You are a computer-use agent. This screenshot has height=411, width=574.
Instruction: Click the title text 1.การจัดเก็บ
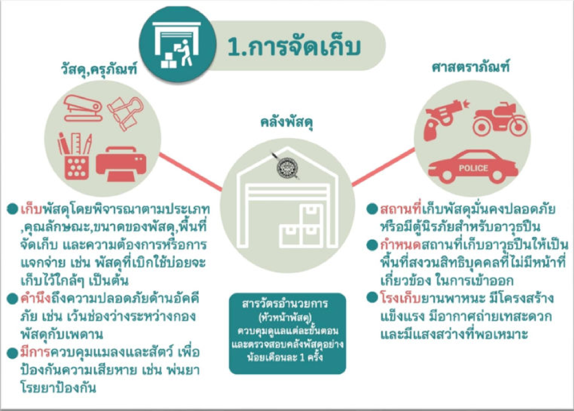(x=294, y=47)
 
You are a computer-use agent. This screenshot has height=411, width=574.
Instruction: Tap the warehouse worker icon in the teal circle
(x=177, y=45)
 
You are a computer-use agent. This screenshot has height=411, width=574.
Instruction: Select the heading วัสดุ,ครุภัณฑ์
(x=99, y=68)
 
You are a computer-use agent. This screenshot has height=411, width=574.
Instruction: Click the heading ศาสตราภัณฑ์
(x=470, y=67)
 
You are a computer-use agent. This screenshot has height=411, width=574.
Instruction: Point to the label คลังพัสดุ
(x=287, y=122)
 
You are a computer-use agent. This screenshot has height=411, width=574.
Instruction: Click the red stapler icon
(x=83, y=108)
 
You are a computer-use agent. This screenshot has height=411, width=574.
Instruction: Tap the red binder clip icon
(x=126, y=113)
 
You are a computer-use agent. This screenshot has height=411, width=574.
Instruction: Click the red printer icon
(x=121, y=164)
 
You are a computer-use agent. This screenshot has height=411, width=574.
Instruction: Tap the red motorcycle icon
(x=500, y=119)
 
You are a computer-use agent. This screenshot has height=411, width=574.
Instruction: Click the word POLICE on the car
(x=473, y=168)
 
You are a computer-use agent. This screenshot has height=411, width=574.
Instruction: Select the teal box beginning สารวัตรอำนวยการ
(x=288, y=334)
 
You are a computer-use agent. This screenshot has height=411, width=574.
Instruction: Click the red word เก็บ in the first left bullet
(x=31, y=209)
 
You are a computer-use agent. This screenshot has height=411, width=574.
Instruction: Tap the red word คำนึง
(x=35, y=299)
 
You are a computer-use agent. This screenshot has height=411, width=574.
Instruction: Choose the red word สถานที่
(x=401, y=209)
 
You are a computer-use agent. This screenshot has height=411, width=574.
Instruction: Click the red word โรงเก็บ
(x=400, y=299)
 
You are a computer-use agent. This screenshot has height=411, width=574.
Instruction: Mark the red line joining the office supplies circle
(x=191, y=172)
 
